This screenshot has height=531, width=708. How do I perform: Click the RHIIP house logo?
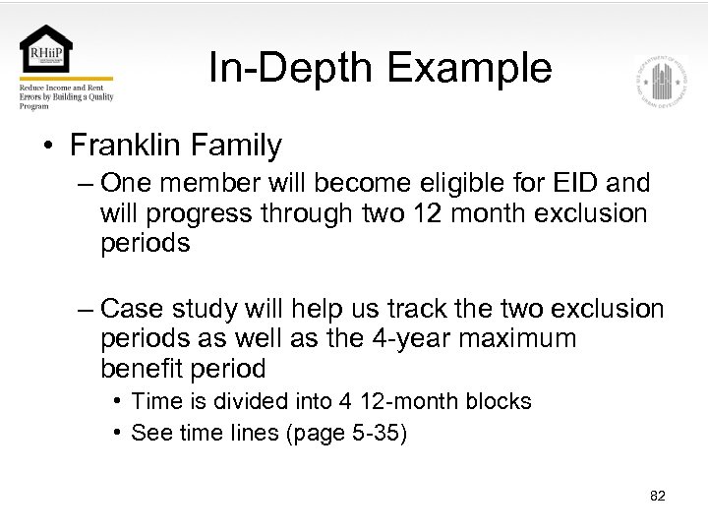click(x=46, y=50)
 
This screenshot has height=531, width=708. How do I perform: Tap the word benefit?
click(x=138, y=369)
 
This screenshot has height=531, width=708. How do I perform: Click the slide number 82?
click(x=658, y=496)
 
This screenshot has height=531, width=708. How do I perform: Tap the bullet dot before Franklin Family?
click(x=47, y=147)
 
